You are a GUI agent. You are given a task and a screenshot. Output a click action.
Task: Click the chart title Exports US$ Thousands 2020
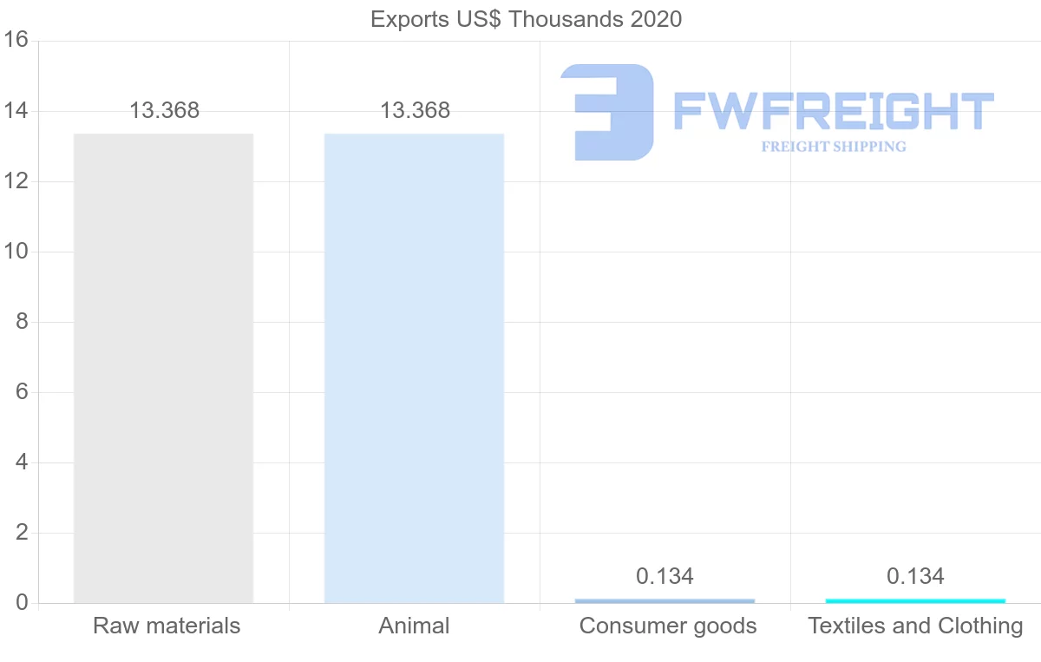point(526,19)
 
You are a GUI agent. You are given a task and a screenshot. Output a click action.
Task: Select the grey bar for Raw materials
point(163,368)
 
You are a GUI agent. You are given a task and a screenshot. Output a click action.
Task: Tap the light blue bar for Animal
point(414,368)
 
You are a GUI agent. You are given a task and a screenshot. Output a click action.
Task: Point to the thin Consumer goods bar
point(665,600)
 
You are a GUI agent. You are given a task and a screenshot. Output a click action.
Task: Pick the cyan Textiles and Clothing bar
point(915,600)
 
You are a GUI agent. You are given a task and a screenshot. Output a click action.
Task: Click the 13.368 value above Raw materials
point(164,111)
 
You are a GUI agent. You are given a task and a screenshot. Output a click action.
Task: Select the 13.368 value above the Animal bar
point(415,111)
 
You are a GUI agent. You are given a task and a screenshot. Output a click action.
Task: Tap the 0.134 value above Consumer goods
point(665,576)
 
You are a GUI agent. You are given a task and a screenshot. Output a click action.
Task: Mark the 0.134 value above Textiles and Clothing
point(915,576)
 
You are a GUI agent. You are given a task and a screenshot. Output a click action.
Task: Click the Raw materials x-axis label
point(167,626)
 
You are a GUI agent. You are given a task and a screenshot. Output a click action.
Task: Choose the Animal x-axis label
point(414,626)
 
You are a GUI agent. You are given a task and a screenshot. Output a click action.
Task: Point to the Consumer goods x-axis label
point(668,626)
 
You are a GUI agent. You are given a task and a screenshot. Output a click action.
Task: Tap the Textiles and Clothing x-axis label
point(915,626)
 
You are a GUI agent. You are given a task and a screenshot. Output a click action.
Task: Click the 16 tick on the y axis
point(16,41)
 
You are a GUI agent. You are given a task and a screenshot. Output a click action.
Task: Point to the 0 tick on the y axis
point(23,603)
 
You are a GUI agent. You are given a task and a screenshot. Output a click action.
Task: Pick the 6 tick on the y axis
point(23,392)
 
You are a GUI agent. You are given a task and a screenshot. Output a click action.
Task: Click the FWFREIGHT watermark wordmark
point(833,112)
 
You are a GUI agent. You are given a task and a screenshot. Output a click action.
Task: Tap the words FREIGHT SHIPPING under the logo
point(834,147)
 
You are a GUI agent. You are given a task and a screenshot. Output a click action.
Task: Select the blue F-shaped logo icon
point(607,112)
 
